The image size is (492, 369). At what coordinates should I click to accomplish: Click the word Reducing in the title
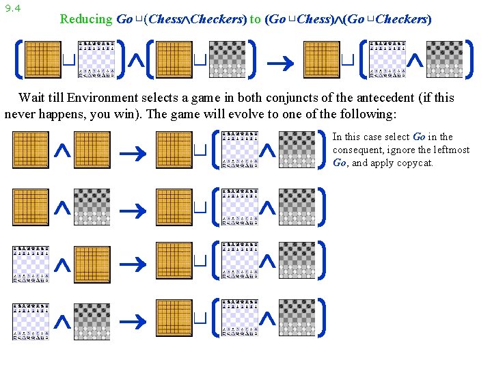(x=85, y=19)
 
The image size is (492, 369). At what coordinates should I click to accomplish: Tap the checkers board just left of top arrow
(x=229, y=59)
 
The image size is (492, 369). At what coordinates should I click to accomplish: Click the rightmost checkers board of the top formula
(x=445, y=59)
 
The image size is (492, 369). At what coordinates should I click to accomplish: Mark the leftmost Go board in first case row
(x=31, y=150)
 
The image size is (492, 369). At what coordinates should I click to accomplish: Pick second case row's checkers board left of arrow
(x=93, y=206)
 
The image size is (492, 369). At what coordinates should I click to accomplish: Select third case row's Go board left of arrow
(x=93, y=262)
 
